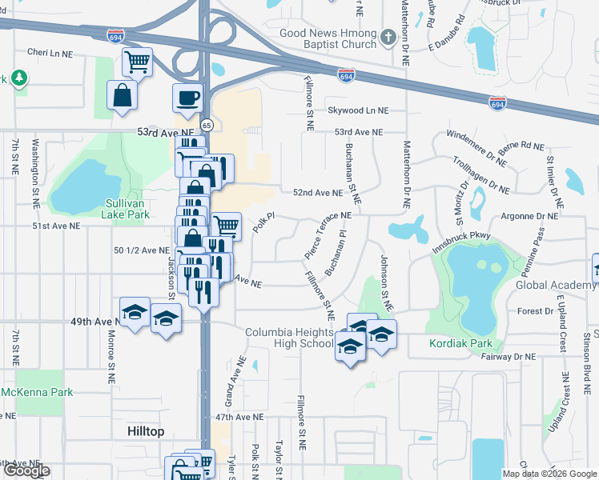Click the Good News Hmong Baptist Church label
click(x=328, y=38)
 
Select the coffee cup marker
click(x=188, y=98)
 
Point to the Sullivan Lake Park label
click(x=127, y=209)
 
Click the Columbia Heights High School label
click(x=289, y=338)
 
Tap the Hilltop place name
click(x=146, y=431)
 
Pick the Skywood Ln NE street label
click(x=357, y=110)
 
